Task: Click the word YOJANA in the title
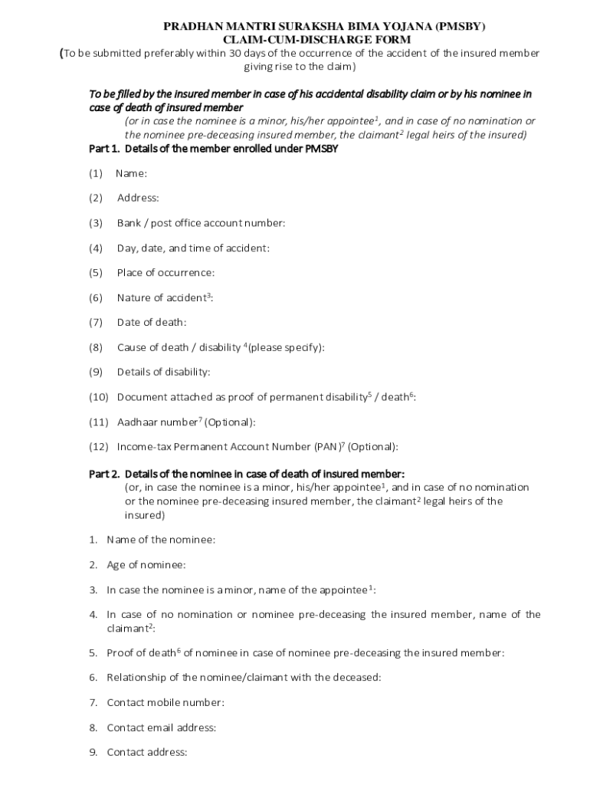pos(376,27)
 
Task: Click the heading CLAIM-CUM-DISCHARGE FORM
pos(316,39)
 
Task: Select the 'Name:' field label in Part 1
pos(131,173)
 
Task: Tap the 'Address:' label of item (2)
pos(138,198)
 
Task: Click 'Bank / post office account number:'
pos(201,223)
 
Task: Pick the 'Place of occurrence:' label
pos(166,273)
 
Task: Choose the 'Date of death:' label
pos(152,323)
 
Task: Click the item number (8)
pos(96,347)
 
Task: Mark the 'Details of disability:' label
pos(163,373)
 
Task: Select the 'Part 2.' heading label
pos(104,474)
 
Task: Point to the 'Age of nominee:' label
pos(146,565)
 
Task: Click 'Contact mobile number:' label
pos(166,702)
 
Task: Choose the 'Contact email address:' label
pos(161,728)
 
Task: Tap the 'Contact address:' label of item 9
pos(147,752)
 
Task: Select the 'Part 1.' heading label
pos(104,149)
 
